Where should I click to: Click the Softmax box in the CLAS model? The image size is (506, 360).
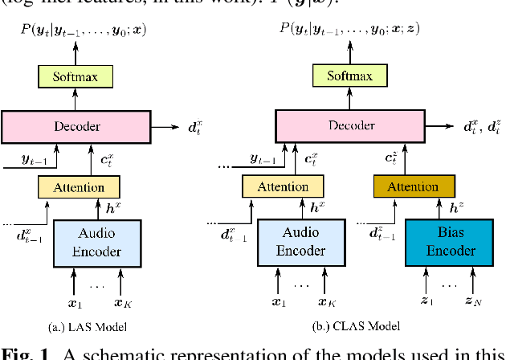tap(349, 76)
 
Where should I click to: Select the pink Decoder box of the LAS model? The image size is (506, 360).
tap(77, 126)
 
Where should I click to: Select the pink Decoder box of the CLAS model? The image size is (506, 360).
tap(349, 126)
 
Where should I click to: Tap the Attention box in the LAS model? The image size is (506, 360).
tap(78, 187)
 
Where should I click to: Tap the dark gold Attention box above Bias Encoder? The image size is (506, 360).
tap(413, 186)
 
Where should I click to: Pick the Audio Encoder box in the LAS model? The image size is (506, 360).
tap(98, 243)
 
